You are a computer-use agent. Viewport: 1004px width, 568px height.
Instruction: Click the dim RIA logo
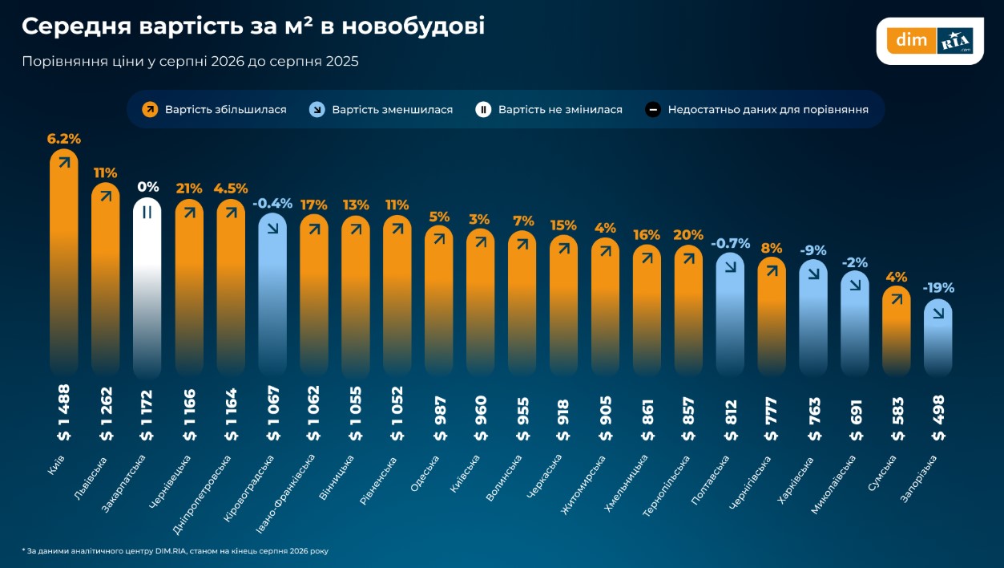[x=930, y=41]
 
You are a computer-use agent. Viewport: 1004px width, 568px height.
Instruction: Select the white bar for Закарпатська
[x=147, y=287]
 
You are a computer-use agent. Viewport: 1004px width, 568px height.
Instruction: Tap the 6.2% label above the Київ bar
[x=64, y=139]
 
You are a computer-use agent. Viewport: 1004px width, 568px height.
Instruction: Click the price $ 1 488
[x=64, y=413]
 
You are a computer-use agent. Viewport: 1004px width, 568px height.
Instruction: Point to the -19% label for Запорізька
[x=938, y=287]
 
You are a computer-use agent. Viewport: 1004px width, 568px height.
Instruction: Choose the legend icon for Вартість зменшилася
[x=317, y=109]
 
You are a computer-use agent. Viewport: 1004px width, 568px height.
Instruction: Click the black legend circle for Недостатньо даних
[x=653, y=109]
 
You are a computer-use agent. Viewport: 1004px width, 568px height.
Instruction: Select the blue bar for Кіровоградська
[x=272, y=294]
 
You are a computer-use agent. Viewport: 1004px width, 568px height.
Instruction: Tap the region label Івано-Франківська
[x=285, y=494]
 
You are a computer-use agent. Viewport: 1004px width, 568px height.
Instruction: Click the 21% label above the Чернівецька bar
[x=189, y=189]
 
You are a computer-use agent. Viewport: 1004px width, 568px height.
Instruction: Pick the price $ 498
[x=938, y=418]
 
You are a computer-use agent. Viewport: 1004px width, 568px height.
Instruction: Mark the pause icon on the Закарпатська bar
[x=147, y=213]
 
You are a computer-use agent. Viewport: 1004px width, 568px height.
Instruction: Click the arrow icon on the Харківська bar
[x=813, y=274]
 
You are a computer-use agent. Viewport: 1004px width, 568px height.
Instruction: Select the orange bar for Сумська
[x=897, y=331]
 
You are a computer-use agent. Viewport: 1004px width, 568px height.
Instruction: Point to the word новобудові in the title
[x=413, y=26]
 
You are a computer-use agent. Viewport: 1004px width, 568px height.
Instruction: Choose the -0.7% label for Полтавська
[x=731, y=244]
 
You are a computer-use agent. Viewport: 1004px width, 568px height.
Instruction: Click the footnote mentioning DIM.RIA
[x=175, y=551]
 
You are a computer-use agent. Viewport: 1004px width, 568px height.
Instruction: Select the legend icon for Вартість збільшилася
[x=150, y=109]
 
